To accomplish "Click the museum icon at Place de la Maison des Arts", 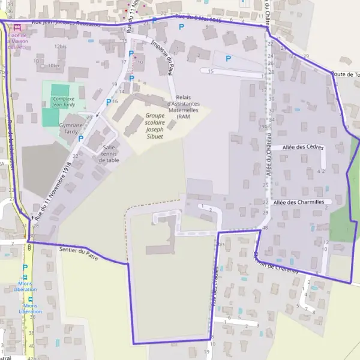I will click(17, 28).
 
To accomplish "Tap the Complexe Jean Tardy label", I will click(63, 101).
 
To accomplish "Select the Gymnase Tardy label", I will click(70, 128).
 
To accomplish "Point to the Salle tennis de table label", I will click(109, 154).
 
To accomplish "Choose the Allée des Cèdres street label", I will click(302, 147).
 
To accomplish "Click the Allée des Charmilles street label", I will click(298, 202).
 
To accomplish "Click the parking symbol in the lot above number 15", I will click(228, 59).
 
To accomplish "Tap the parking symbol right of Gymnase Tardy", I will click(81, 139).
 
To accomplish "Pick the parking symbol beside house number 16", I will click(108, 102).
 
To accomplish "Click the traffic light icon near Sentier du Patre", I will click(28, 247).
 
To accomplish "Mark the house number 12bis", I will click(59, 46).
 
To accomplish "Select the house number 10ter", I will click(54, 65).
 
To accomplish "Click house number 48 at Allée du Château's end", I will click(265, 228).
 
